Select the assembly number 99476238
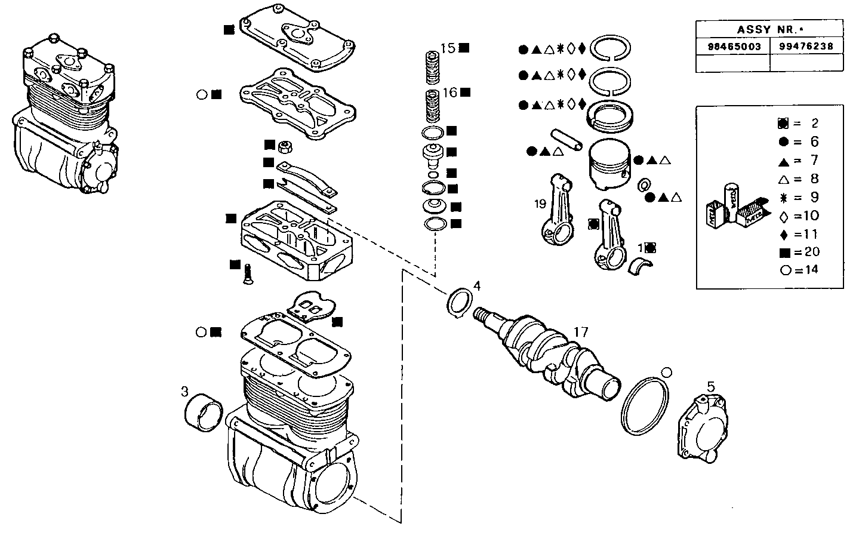tap(806, 47)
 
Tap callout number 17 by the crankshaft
tap(581, 331)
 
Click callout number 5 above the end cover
tap(710, 386)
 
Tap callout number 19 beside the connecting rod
tap(540, 204)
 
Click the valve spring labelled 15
tap(432, 66)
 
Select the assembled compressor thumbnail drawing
tap(66, 113)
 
